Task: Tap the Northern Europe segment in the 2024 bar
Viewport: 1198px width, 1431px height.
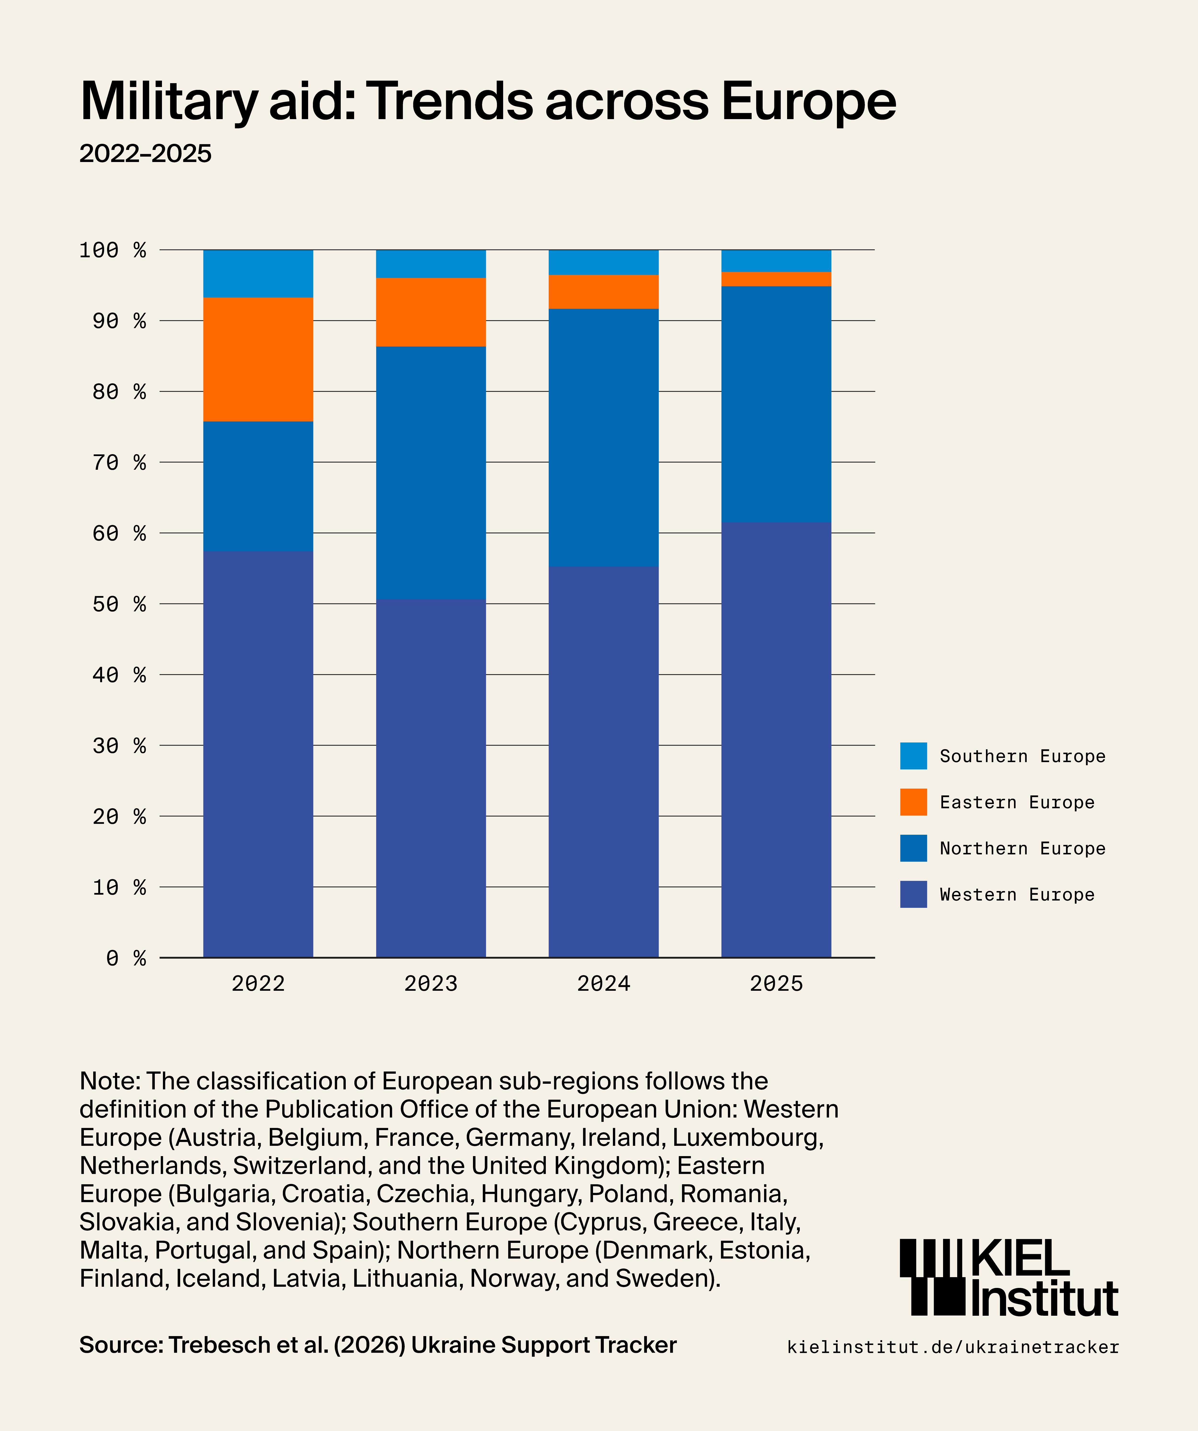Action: pos(603,437)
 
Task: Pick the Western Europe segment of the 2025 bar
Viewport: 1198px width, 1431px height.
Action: pos(776,739)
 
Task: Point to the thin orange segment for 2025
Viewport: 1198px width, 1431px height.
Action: pos(776,279)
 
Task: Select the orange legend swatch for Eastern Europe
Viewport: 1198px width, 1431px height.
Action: pos(913,802)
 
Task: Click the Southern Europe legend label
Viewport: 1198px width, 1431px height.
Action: pos(1022,756)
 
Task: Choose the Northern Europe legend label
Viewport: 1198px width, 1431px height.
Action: pos(1022,848)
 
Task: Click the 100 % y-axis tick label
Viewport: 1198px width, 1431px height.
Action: pos(112,250)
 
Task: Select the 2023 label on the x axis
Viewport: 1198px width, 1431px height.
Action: pos(431,983)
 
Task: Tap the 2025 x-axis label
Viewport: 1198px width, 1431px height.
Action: pos(776,983)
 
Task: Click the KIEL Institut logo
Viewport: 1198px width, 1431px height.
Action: pos(1008,1278)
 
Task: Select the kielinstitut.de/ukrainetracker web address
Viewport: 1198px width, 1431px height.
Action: pos(953,1347)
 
